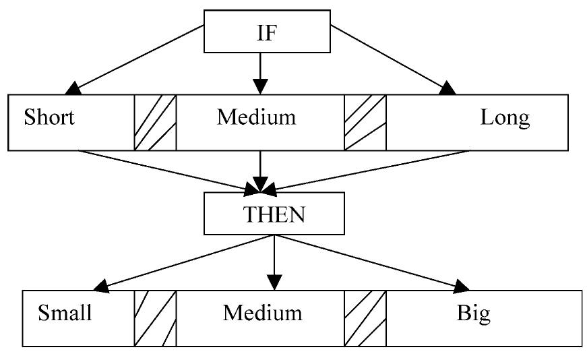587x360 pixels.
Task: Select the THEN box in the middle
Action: pos(274,216)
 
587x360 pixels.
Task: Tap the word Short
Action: pos(49,117)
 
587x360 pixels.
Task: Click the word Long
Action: pos(505,117)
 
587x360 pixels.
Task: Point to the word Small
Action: pos(65,313)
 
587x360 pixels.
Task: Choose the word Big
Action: pos(473,313)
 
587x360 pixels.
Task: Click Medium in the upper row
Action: pos(256,117)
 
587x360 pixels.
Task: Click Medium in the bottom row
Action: pos(263,313)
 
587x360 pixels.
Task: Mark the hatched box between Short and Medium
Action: pos(155,122)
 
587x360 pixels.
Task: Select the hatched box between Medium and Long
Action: pos(365,122)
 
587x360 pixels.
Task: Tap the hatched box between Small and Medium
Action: pos(155,318)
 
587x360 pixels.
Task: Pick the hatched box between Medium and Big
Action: pos(365,318)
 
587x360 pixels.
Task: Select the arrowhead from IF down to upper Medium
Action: pos(260,86)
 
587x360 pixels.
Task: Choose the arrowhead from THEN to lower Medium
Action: pos(273,282)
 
